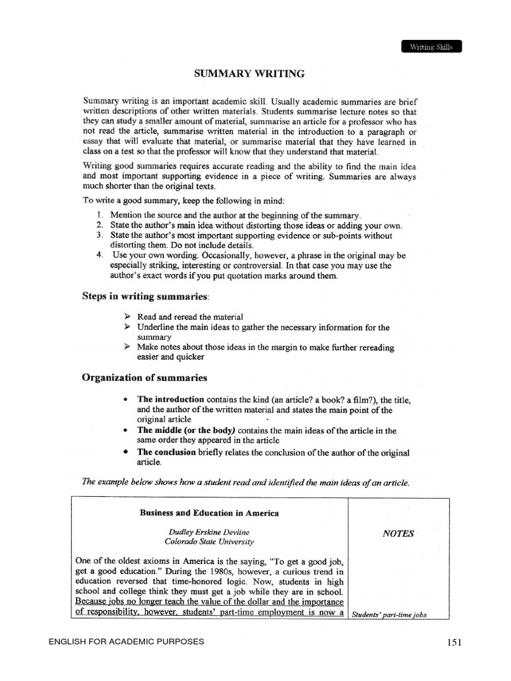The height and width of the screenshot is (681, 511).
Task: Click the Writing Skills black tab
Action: pos(430,47)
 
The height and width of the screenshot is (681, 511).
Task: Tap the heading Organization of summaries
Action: pos(144,378)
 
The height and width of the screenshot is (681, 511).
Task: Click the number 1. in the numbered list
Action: pos(99,215)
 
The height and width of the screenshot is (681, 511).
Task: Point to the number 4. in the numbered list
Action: pos(99,255)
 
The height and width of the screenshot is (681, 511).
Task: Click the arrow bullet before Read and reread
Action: pos(128,317)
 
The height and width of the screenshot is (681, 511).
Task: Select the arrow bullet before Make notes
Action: pos(128,347)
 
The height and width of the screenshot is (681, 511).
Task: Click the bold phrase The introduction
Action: pos(170,400)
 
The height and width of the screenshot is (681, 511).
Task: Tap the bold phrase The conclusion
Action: pos(167,452)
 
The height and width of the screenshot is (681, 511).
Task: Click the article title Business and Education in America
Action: pos(209,513)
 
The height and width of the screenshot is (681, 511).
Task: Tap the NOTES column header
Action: pos(398,533)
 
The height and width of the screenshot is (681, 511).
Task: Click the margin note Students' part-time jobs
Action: pos(389,615)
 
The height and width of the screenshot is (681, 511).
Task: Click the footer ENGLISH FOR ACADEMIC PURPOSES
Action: pos(126,642)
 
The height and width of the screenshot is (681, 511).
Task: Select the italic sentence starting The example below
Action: pos(245,482)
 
